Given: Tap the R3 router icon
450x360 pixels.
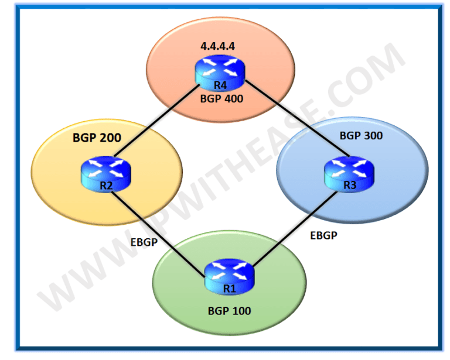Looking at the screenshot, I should tap(349, 172).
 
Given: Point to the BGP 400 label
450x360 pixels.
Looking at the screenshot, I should tap(221, 99).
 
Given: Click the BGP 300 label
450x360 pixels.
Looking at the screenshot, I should tap(361, 136).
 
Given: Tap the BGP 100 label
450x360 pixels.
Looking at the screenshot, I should tap(229, 310).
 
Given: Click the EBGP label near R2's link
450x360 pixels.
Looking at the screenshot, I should tap(143, 242).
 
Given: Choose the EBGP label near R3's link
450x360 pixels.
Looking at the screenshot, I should tap(323, 236).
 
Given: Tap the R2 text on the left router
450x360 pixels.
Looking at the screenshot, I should tap(105, 185).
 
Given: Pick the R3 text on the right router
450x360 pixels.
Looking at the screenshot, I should tap(349, 185).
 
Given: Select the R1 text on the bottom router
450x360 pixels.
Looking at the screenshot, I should tap(229, 287).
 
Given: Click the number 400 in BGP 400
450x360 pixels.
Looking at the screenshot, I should tap(232, 99).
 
